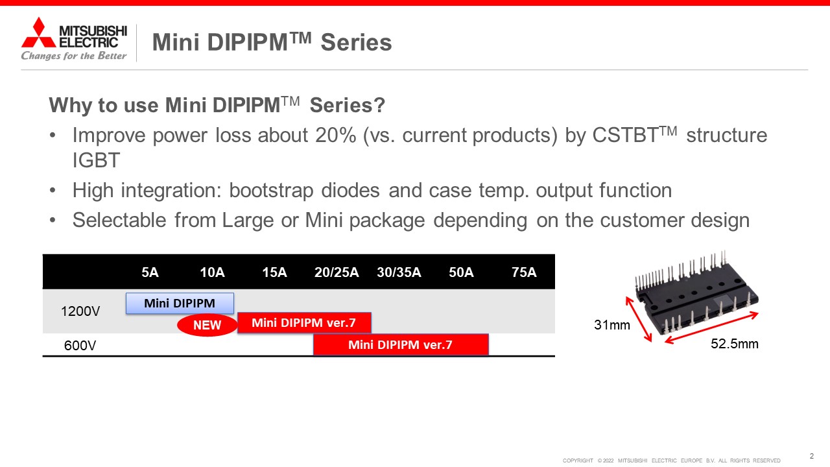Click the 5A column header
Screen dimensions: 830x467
click(150, 272)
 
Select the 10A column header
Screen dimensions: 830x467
click(212, 272)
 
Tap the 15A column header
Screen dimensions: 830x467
click(274, 272)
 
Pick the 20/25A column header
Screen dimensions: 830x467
click(337, 272)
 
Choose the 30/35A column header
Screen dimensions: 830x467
click(399, 272)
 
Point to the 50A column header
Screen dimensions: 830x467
click(461, 272)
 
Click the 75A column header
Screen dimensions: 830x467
click(524, 272)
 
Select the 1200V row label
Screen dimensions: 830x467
click(80, 311)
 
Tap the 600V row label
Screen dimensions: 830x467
click(80, 346)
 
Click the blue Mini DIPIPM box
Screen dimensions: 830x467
click(180, 303)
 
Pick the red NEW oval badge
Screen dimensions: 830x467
click(207, 325)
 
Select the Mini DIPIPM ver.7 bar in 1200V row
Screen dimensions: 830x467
click(304, 322)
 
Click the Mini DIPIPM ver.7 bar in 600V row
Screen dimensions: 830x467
click(401, 344)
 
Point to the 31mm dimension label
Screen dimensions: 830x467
click(612, 325)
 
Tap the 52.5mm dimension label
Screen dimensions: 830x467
click(735, 344)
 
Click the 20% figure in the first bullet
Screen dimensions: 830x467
click(336, 135)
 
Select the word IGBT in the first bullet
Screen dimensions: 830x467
click(96, 160)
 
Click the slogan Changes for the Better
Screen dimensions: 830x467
click(74, 56)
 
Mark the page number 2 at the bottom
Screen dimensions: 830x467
click(811, 456)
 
